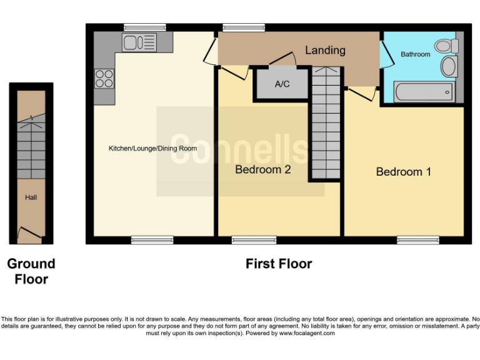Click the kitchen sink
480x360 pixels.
139,42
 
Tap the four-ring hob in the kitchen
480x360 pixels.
104,78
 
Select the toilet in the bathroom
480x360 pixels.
446,46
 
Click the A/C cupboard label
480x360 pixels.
282,84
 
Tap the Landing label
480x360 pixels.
325,50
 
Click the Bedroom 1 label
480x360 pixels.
403,171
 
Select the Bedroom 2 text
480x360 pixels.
263,169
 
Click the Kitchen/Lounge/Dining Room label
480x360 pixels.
152,149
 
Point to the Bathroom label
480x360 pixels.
416,54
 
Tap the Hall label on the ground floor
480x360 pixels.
31,197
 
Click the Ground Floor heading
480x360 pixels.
31,271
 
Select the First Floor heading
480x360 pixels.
278,264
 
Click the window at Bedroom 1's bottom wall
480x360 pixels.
417,239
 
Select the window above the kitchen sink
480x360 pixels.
144,27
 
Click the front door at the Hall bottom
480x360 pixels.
30,236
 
